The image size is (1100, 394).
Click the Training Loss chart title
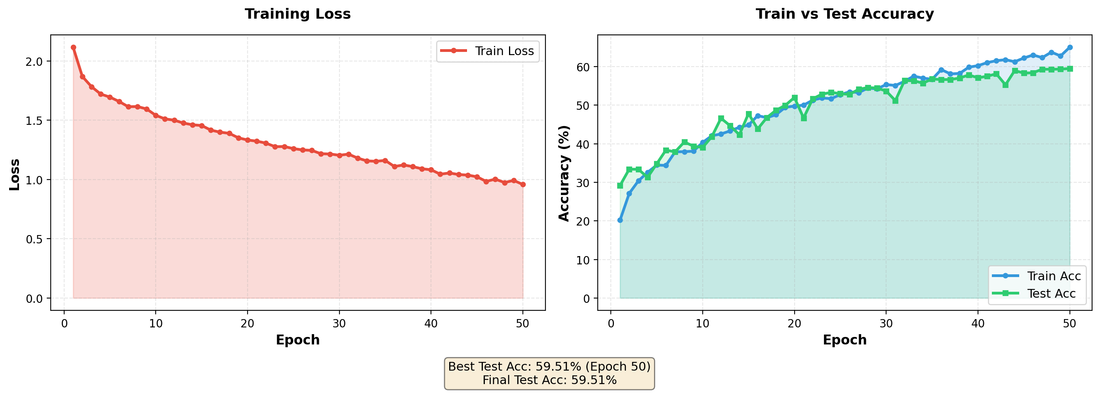(297, 14)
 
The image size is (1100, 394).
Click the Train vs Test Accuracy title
(844, 14)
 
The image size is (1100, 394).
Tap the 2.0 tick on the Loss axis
(34, 61)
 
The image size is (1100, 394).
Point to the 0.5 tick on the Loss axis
(34, 239)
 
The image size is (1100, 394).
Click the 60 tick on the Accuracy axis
(583, 67)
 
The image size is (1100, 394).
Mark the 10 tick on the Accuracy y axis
(583, 260)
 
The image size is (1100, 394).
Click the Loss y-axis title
(15, 174)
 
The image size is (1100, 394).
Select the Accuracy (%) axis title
(564, 173)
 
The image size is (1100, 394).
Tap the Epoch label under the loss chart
(297, 340)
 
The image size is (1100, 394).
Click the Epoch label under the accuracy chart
(844, 340)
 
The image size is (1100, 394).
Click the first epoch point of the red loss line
(73, 48)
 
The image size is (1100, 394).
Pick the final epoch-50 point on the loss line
(523, 185)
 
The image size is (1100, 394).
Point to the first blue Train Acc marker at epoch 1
(620, 220)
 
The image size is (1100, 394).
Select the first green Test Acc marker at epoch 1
(620, 186)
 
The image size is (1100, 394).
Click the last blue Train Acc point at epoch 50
(1069, 48)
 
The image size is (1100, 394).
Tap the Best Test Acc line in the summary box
(549, 367)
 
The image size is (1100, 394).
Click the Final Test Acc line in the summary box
(549, 380)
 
